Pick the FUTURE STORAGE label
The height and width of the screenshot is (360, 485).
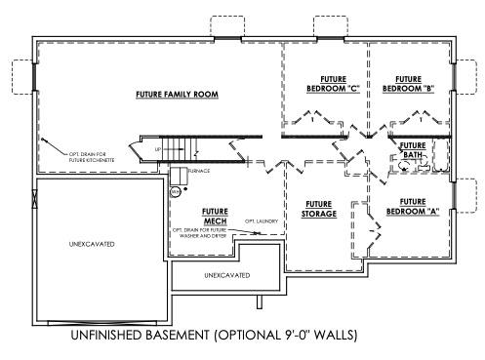tap(319, 209)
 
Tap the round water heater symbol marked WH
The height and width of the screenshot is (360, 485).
tap(176, 192)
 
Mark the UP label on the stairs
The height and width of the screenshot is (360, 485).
tap(158, 150)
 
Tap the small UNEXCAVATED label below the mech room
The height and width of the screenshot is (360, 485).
tap(225, 276)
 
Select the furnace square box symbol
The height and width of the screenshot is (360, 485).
tap(179, 176)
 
